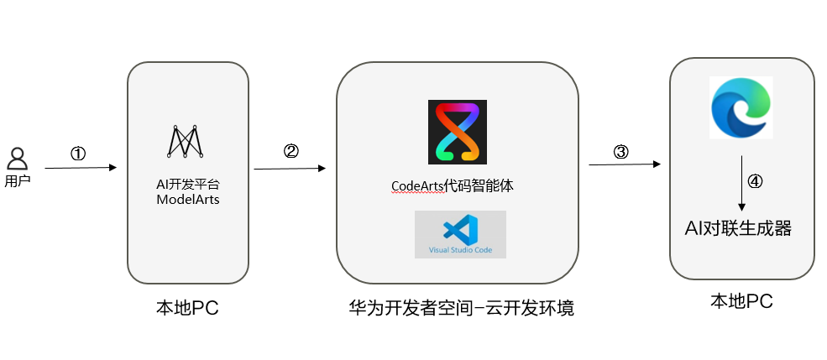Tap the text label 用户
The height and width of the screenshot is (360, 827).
coord(18,180)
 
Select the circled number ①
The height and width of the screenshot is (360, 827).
coord(78,154)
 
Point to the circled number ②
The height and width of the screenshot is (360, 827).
coord(291,151)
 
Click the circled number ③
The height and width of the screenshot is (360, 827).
coord(620,151)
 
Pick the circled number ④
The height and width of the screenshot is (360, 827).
coord(755,182)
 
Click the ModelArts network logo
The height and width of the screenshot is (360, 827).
coord(187,141)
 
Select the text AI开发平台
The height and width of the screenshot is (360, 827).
coord(188,183)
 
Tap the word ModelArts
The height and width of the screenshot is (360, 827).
coord(188,199)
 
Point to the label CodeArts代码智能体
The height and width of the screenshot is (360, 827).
coord(452,187)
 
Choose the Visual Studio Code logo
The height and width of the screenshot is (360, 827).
coord(460,234)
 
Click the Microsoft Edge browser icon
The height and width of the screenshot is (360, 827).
coord(740,107)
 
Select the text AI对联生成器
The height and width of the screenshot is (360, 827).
coord(739,227)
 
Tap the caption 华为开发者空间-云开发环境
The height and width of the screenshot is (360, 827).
coord(462,308)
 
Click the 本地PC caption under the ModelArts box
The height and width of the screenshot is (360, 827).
coord(187,308)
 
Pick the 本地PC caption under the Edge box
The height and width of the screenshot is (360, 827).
coord(741,300)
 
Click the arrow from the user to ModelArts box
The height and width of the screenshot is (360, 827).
coord(81,168)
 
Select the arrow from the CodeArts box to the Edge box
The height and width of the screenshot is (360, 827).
coord(622,164)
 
